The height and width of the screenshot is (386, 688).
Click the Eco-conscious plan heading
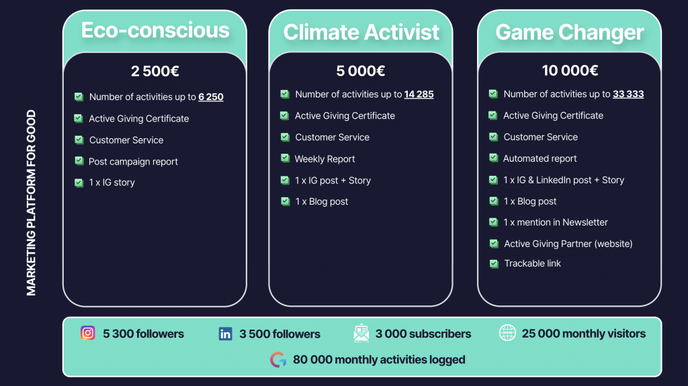[155, 30]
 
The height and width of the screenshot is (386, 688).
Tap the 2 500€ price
[155, 71]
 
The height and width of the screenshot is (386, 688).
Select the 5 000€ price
[361, 70]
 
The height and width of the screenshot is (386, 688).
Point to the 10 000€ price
[570, 70]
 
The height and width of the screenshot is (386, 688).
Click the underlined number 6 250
[210, 97]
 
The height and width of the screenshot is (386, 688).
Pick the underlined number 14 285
[419, 94]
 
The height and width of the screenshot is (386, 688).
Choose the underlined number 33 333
[628, 94]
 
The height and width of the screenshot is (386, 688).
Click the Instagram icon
[88, 333]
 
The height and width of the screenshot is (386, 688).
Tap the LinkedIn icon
[226, 334]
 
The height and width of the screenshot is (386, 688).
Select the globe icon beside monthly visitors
[507, 333]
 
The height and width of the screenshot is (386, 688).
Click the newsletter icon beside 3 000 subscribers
[361, 334]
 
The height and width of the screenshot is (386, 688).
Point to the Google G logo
[278, 360]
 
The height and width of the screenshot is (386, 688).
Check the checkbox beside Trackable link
[494, 264]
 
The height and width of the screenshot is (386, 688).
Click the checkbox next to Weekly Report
[285, 158]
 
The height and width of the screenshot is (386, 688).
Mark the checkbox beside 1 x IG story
[79, 183]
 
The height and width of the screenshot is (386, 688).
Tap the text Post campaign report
[133, 162]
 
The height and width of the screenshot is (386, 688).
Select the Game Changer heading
[570, 32]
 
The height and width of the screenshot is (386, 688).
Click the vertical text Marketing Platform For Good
[31, 203]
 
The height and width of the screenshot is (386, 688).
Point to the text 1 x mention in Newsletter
[556, 222]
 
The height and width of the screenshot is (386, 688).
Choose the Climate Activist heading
[361, 32]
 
